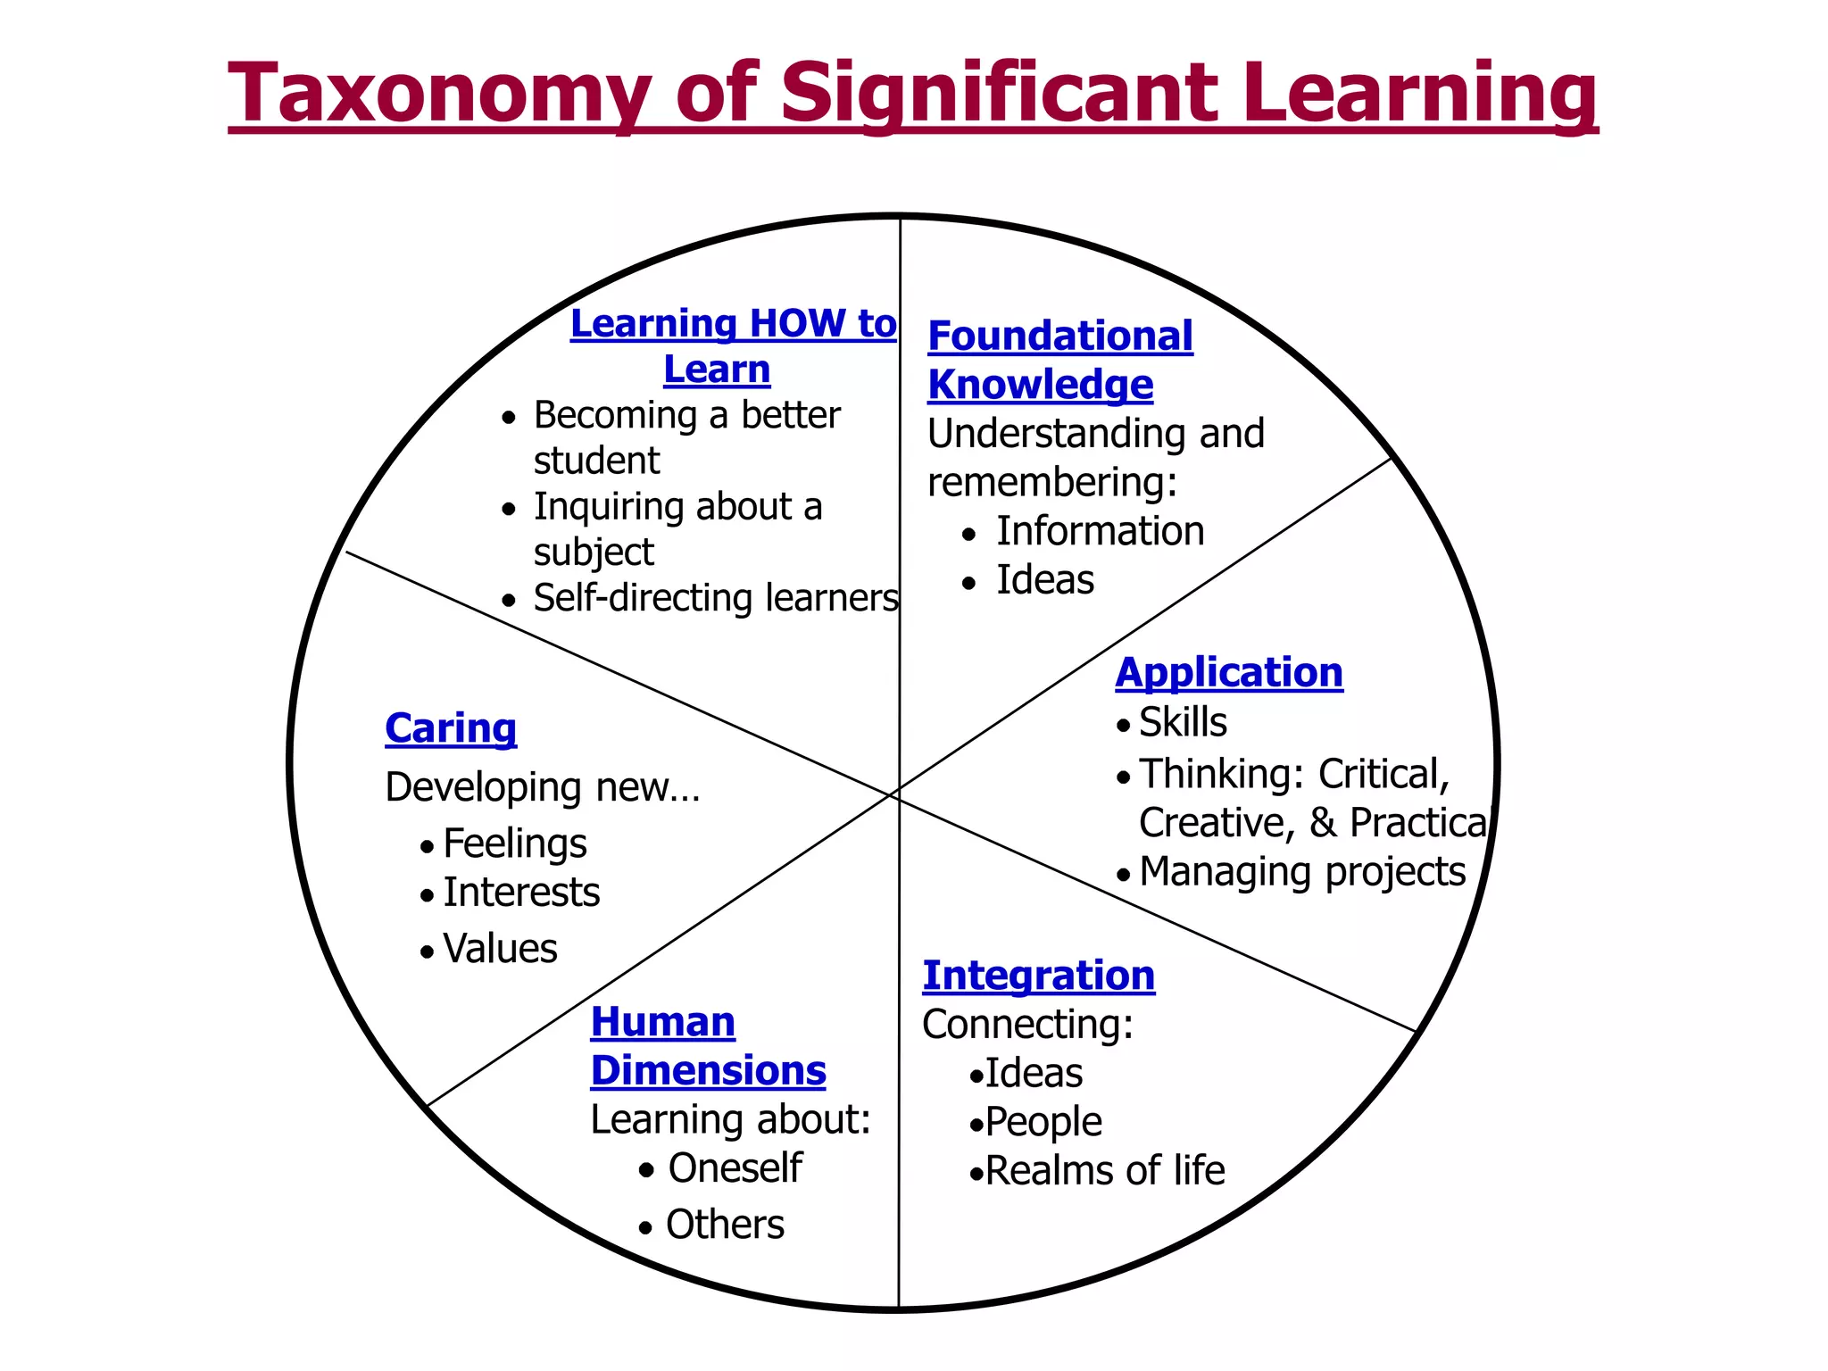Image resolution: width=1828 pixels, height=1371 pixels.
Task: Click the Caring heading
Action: point(451,728)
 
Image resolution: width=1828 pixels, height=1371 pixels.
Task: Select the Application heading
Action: point(1228,672)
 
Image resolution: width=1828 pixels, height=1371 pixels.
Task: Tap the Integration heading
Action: point(1038,975)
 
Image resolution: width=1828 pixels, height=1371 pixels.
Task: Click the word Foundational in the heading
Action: point(1059,337)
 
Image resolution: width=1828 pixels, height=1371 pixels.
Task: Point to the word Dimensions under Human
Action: point(708,1070)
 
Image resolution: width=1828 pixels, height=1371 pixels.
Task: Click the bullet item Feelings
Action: point(514,843)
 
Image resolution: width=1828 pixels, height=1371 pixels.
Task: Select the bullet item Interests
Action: point(521,893)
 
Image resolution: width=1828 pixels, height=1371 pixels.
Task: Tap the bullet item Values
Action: point(500,948)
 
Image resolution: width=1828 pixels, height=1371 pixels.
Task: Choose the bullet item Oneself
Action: point(735,1167)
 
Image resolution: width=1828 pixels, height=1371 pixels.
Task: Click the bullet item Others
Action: point(725,1225)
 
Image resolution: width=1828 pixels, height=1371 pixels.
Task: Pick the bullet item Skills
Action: point(1183,722)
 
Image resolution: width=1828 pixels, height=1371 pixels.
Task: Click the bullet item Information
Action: point(1100,531)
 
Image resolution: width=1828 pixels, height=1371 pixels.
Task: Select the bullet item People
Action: point(1043,1122)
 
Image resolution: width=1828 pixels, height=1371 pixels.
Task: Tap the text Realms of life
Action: point(1104,1170)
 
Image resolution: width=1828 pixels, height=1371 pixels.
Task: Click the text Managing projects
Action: point(1302,872)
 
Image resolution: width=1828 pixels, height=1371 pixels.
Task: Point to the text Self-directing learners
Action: point(715,598)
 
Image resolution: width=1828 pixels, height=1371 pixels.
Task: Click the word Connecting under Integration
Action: point(1027,1024)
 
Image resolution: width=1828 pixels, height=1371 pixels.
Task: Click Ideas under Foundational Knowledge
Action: point(1044,580)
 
